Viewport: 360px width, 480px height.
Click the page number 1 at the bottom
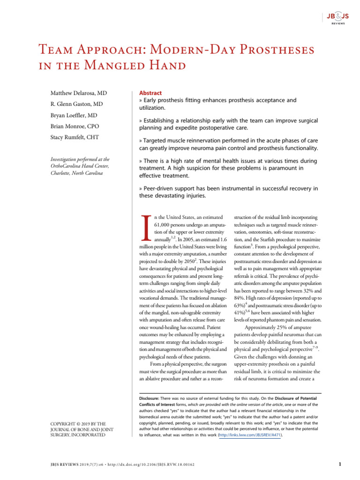[339, 464]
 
